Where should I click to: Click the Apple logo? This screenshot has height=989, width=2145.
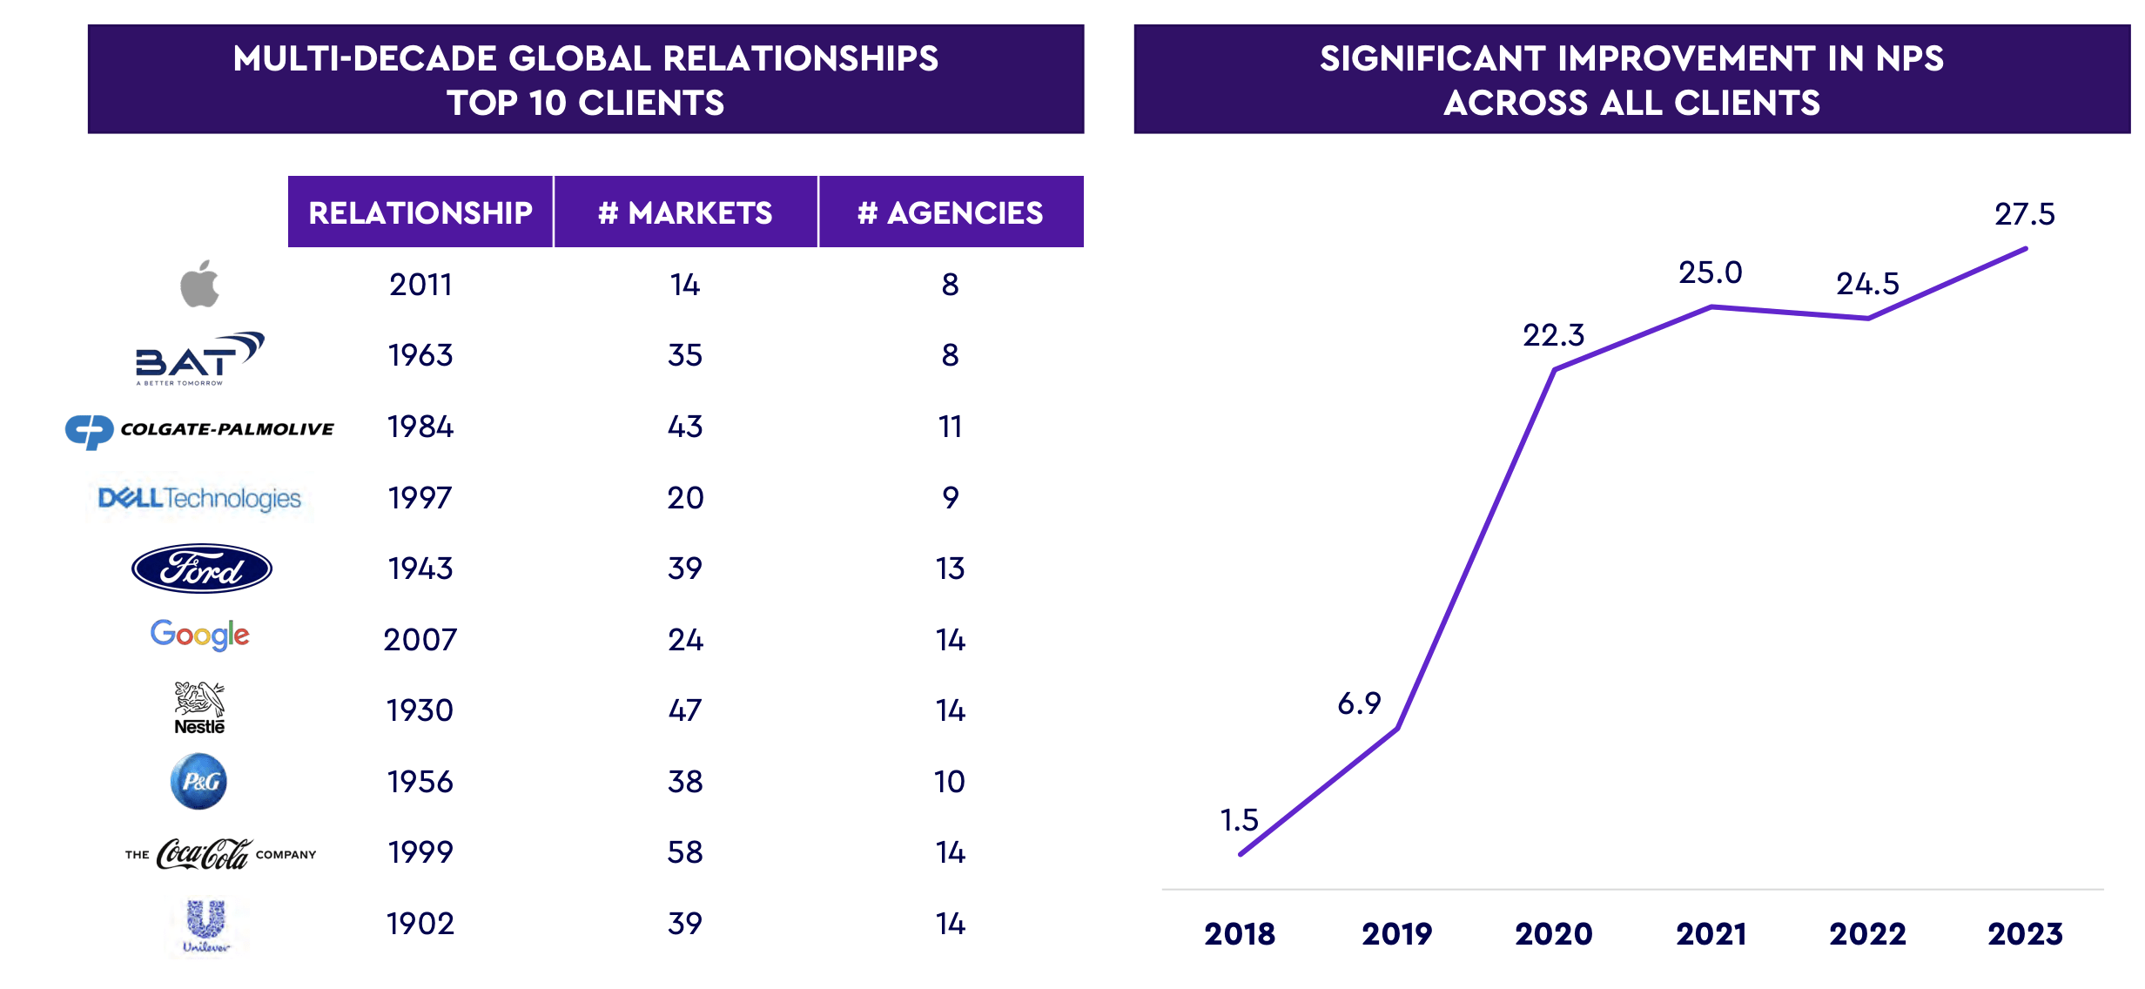point(199,284)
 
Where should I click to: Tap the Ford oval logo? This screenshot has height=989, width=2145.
point(202,569)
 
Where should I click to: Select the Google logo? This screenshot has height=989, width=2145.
point(199,636)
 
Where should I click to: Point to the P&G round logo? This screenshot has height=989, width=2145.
point(198,781)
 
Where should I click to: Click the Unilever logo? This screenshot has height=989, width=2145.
point(206,926)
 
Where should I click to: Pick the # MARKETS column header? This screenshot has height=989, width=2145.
point(685,212)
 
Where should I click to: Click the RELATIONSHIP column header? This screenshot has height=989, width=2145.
point(420,212)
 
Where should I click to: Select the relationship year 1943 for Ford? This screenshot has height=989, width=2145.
point(420,569)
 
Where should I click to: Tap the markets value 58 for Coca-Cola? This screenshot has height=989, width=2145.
point(685,852)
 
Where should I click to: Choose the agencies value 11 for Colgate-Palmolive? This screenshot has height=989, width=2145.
point(950,427)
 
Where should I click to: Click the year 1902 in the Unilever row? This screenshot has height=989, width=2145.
point(420,924)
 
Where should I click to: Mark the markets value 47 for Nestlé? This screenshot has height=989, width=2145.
point(685,710)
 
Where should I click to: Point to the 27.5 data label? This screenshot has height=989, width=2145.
point(2024,214)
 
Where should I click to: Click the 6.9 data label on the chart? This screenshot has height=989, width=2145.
point(1359,703)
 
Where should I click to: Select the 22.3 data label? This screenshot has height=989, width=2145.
point(1553,335)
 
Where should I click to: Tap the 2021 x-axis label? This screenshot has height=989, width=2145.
point(1711,934)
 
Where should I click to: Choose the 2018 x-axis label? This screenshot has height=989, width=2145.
point(1240,934)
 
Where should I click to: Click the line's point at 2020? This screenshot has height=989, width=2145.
point(1555,370)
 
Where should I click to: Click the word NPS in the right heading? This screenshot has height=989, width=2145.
point(1909,58)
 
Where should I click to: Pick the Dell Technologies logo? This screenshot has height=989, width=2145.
point(199,498)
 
